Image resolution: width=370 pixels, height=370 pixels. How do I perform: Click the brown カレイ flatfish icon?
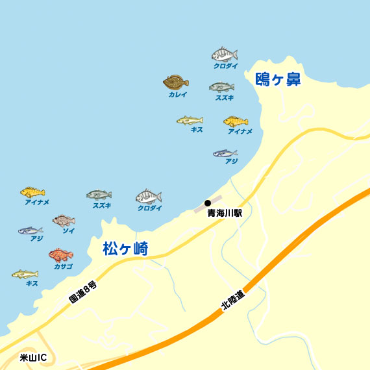pos(175,82)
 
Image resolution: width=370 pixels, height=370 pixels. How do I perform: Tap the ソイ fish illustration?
pos(64,221)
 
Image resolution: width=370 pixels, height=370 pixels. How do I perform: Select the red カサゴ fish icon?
pos(61,254)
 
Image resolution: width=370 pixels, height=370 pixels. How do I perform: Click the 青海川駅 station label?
pos(225,213)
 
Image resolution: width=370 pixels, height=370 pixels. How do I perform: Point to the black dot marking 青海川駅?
pos(208,203)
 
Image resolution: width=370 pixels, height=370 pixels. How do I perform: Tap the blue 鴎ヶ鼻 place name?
pos(278,80)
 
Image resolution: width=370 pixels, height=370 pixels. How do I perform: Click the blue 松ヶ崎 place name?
pos(125,249)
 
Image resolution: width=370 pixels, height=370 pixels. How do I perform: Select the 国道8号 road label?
pos(83,293)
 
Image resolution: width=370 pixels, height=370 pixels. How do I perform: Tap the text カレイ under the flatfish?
pos(177,95)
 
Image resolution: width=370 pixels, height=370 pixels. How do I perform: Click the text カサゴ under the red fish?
pos(63,267)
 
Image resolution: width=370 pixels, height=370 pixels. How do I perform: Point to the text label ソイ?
pos(68,231)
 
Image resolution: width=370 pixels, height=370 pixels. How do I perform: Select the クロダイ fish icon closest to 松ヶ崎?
pos(149,196)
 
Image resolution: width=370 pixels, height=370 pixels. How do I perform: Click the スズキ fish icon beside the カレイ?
pos(221,87)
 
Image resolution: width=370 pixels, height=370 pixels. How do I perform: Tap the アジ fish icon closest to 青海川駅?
pos(225,153)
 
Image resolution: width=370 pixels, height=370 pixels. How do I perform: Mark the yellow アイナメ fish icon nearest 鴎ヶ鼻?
pos(236,121)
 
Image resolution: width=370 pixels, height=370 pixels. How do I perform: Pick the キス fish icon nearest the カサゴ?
pos(25,274)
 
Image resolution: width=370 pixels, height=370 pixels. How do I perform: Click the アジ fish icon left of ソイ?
pos(30,230)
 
